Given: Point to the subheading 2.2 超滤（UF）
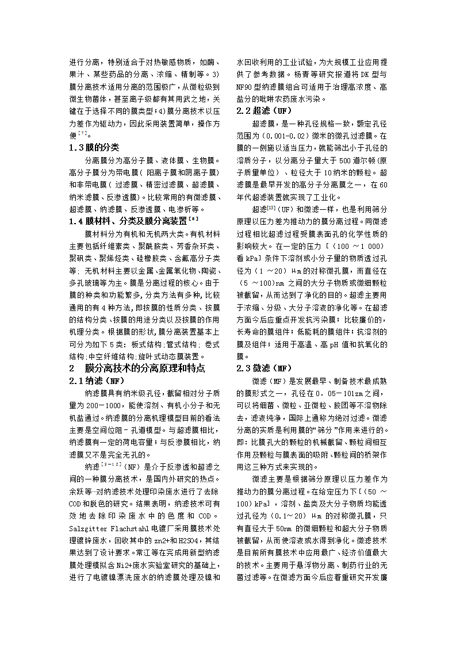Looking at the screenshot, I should (x=265, y=110).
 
